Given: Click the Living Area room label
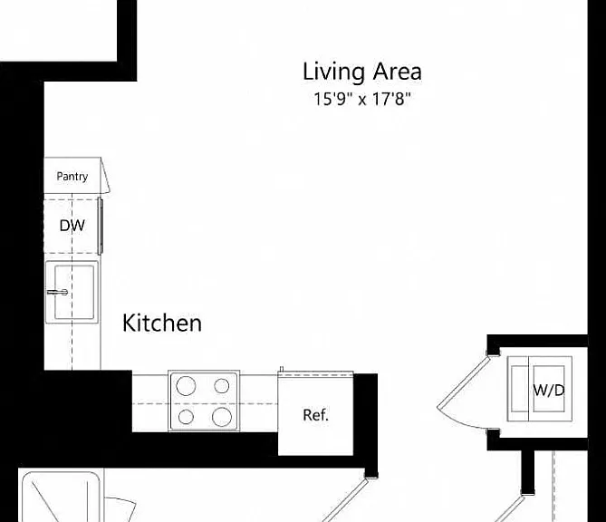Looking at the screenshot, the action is click(x=361, y=72).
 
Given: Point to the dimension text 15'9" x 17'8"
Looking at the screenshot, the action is click(x=361, y=99).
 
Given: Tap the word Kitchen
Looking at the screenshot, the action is click(x=162, y=323).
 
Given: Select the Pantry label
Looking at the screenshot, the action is click(x=72, y=177).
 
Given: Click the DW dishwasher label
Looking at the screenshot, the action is click(x=72, y=226).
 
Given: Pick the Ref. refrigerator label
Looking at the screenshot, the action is click(x=316, y=415).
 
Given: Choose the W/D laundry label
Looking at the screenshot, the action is click(x=549, y=391).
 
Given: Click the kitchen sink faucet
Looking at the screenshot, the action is click(x=57, y=292).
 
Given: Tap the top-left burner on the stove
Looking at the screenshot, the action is click(x=186, y=386).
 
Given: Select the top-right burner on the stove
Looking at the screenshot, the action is click(x=221, y=385).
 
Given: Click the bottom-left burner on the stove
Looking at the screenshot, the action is click(x=186, y=417).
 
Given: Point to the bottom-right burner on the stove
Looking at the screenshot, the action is click(x=222, y=417).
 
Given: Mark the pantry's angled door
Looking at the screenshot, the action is click(x=105, y=176).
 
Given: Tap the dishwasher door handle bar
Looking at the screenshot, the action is click(x=100, y=227).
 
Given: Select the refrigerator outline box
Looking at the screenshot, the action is click(x=316, y=414).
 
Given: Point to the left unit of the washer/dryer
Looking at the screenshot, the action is click(x=518, y=389).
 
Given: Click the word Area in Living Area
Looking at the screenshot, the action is click(x=398, y=72).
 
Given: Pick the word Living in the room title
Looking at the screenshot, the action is click(x=333, y=72).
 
